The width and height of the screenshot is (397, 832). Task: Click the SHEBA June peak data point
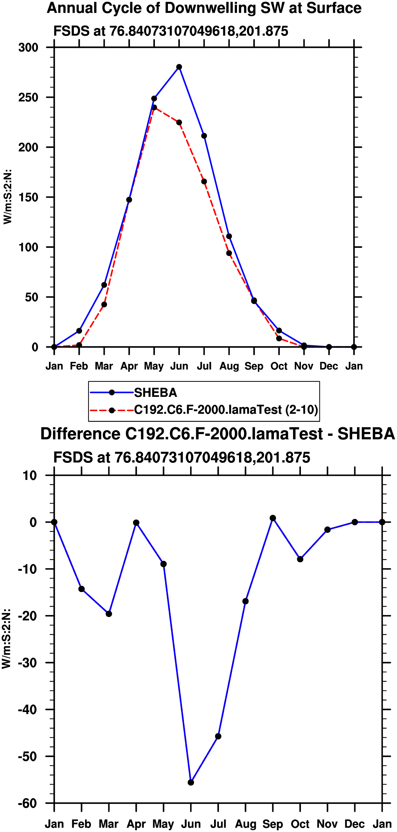179,67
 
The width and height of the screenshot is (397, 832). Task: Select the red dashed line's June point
179,122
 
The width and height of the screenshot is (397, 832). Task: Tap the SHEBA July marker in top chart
204,136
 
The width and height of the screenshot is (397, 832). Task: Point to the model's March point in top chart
104,305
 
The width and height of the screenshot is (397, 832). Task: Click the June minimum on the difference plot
191,782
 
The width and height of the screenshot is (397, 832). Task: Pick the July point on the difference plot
218,736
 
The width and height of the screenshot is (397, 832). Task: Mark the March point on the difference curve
109,614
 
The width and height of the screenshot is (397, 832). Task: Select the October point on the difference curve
300,559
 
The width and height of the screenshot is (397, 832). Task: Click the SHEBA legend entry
155,393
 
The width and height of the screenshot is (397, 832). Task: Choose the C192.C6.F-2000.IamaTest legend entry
226,410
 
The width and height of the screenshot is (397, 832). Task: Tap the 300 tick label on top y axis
28,48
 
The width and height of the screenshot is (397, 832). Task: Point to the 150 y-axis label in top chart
28,197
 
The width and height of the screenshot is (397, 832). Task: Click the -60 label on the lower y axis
27,803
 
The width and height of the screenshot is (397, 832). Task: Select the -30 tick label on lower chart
27,663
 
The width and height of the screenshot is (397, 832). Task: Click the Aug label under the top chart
229,366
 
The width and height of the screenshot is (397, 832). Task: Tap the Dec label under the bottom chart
355,824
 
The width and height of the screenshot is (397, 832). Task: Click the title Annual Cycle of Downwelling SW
204,8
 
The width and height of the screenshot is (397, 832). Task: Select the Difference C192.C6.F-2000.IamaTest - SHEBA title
217,434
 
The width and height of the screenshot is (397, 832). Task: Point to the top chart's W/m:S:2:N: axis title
8,197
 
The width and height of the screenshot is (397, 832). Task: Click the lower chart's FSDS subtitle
182,458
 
